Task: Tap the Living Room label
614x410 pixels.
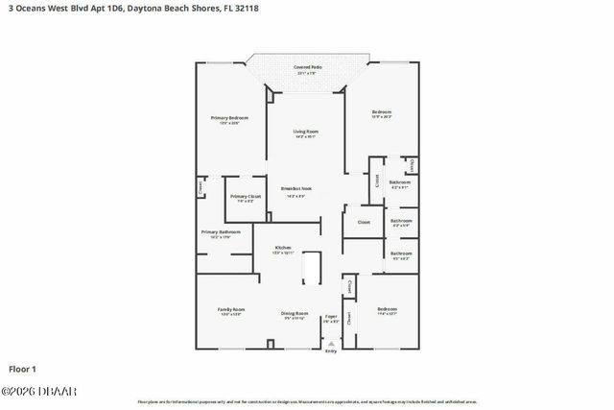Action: coord(306,133)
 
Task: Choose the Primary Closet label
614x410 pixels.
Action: coord(246,198)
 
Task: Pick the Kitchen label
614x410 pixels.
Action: coord(283,249)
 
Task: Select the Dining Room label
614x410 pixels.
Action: coord(295,315)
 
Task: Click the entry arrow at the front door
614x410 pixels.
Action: coord(331,343)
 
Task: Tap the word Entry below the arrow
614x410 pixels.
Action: coord(331,351)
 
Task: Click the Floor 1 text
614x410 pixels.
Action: coord(22,369)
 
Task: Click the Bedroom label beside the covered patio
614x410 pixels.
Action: coord(382,114)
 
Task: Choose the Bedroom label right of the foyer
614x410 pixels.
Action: coord(387,311)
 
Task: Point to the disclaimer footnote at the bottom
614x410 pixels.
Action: coord(307,401)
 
